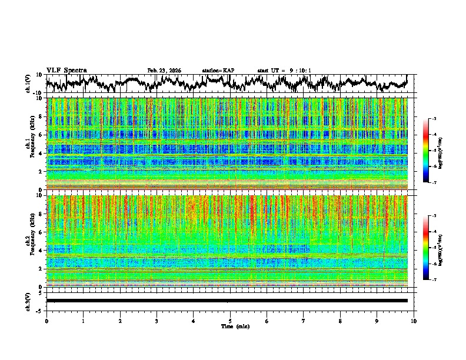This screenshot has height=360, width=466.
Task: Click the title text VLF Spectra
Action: [66, 71]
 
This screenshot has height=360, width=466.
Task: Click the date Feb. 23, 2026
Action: [164, 71]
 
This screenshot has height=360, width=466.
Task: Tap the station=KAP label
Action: [218, 71]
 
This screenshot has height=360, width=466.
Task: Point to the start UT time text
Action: [284, 71]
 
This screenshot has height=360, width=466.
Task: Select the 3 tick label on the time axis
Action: [157, 321]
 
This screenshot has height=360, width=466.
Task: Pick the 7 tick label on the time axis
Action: [303, 321]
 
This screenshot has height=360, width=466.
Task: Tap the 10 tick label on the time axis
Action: [414, 321]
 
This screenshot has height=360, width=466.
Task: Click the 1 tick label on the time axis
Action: [83, 321]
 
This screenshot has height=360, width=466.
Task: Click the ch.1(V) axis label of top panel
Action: [28, 84]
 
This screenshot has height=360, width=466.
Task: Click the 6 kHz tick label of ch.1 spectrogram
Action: [41, 135]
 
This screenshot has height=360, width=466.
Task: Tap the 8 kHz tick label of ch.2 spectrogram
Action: [41, 214]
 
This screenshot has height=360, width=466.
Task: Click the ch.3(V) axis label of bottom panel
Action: [28, 301]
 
